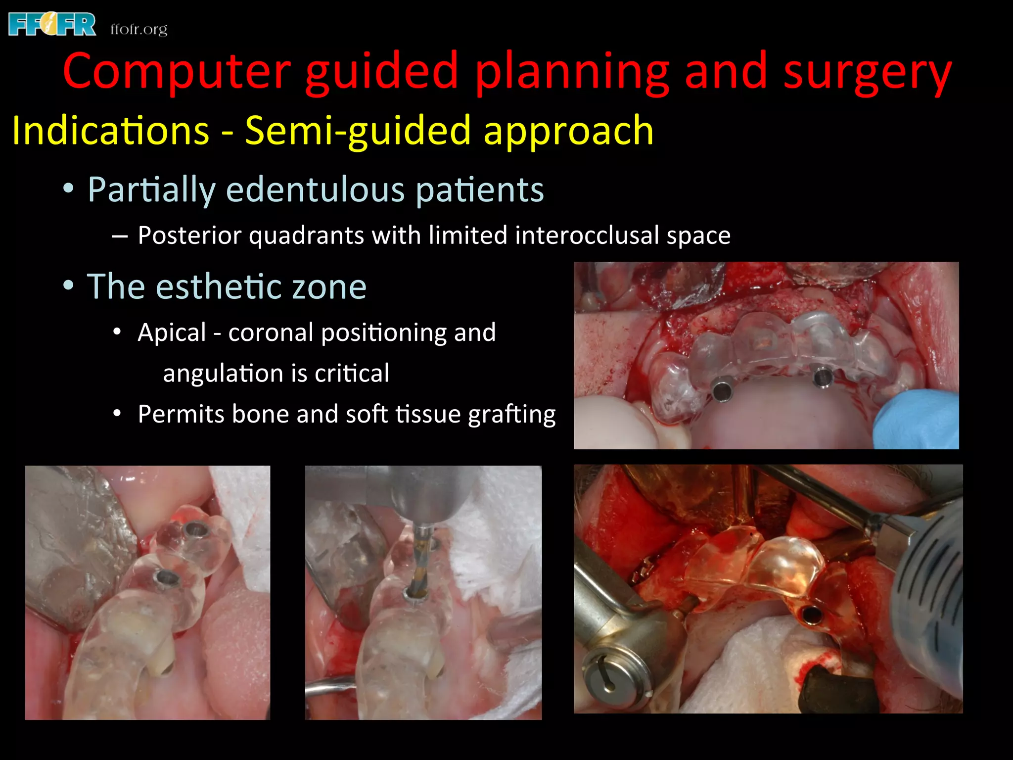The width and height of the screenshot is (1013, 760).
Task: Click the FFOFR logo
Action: pyautogui.click(x=52, y=25)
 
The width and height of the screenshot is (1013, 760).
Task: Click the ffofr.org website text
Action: pyautogui.click(x=139, y=29)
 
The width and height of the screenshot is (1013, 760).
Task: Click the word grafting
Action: pyautogui.click(x=512, y=414)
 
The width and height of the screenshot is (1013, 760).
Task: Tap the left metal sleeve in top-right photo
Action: pyautogui.click(x=722, y=391)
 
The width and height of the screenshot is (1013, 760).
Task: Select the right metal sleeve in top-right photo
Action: pyautogui.click(x=824, y=378)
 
